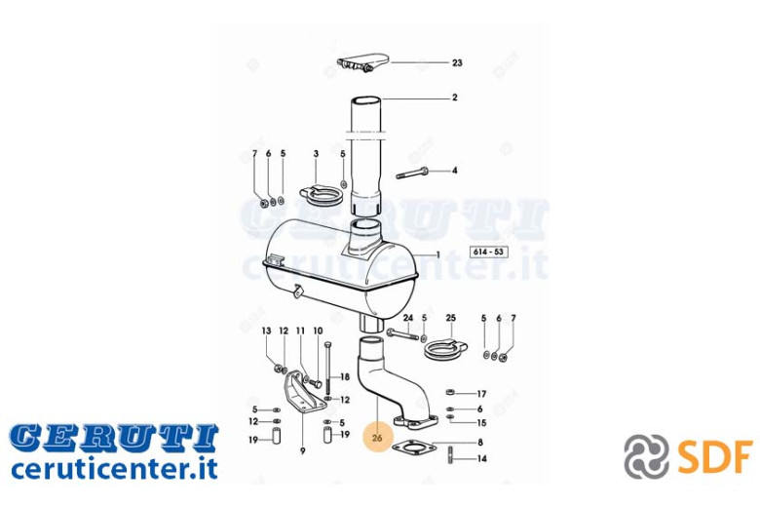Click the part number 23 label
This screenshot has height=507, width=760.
(x=457, y=62)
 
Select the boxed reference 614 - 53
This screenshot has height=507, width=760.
(x=488, y=253)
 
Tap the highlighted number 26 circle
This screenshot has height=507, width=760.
(x=377, y=438)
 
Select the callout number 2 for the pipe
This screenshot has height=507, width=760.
(x=454, y=97)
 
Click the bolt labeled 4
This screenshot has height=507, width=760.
(x=412, y=173)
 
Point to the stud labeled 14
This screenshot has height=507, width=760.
(x=451, y=457)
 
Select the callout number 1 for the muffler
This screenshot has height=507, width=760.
(x=438, y=254)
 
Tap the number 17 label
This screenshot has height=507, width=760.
(x=481, y=394)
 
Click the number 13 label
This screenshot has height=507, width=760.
(x=267, y=331)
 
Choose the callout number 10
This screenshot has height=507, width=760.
(x=318, y=331)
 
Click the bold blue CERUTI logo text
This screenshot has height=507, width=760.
(x=114, y=438)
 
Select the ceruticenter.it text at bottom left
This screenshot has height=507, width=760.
(x=114, y=469)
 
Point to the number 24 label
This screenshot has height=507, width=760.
(x=408, y=318)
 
